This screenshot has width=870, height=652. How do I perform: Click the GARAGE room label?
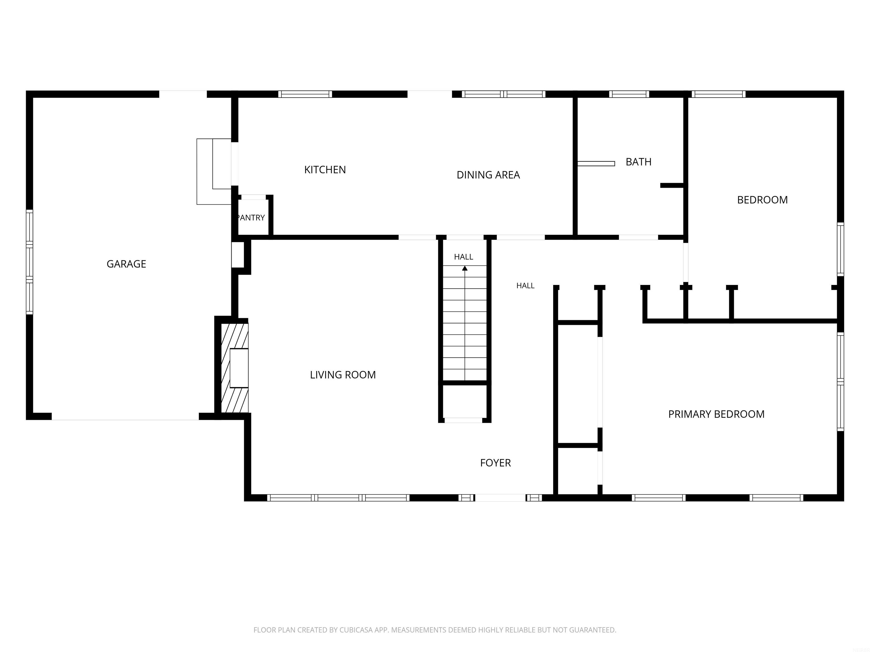(x=126, y=264)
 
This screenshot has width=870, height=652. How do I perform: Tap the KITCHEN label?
(x=325, y=170)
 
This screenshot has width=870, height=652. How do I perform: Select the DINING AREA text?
(x=488, y=175)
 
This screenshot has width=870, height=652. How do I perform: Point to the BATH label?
(x=638, y=162)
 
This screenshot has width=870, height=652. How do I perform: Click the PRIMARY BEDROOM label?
(x=716, y=414)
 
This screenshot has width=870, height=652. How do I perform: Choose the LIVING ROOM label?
(x=343, y=375)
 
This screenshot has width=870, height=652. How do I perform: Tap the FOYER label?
(x=495, y=463)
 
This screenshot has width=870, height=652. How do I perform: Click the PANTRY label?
(x=251, y=218)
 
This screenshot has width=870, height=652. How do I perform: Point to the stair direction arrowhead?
(x=465, y=268)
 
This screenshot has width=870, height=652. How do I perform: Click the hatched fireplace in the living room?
(x=235, y=368)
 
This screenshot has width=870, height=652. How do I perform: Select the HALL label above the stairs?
(x=463, y=257)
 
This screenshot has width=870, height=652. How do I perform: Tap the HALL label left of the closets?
(x=525, y=286)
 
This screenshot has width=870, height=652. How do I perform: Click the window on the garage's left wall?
(x=29, y=262)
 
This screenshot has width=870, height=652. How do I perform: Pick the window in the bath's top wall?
(x=629, y=94)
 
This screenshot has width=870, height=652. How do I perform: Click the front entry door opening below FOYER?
(x=500, y=497)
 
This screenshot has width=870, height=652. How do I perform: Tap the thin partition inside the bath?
(x=596, y=164)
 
